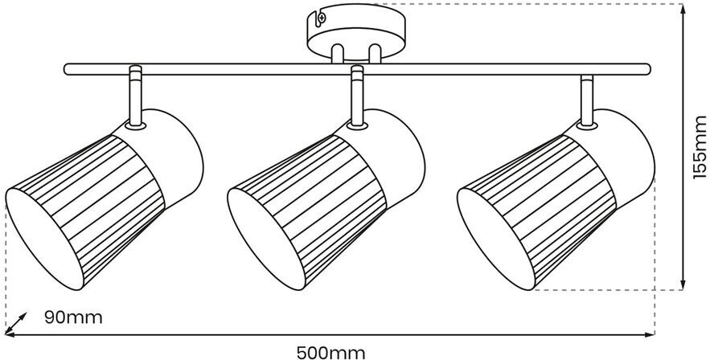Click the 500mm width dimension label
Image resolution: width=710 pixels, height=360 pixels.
(x=330, y=351)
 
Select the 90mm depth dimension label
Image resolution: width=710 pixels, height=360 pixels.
(x=73, y=317)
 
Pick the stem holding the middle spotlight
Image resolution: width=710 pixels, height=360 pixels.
(x=357, y=96)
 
